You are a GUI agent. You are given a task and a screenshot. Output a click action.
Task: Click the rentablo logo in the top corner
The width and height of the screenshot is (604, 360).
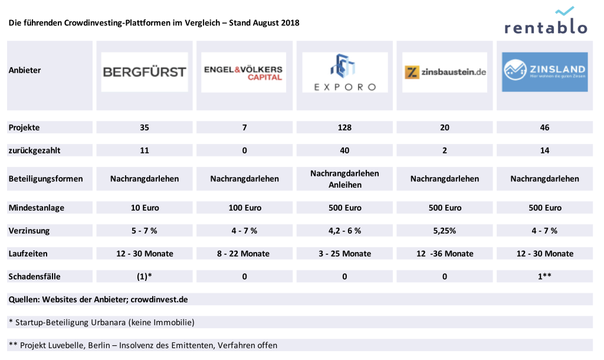tap(546, 22)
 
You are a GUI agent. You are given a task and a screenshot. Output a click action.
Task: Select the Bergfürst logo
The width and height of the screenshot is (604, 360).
tap(145, 72)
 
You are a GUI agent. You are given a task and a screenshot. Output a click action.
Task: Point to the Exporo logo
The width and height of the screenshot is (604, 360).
tap(344, 72)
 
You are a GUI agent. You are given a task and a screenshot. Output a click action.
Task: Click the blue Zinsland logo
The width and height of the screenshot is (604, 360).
tap(544, 72)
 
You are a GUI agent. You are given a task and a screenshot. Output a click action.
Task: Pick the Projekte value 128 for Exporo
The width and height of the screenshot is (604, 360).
tap(344, 127)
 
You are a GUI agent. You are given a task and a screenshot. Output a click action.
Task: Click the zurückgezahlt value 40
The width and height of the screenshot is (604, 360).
tap(344, 150)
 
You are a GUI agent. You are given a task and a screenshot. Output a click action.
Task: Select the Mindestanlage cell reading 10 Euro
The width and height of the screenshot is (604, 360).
tap(145, 208)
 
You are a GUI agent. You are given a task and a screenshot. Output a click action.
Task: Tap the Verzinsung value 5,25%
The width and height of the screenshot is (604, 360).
tap(445, 231)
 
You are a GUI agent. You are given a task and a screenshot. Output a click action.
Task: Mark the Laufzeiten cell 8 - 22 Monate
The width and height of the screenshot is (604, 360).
tap(244, 254)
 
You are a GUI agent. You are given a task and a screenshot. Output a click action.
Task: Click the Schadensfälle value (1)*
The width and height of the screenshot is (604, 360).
tap(145, 276)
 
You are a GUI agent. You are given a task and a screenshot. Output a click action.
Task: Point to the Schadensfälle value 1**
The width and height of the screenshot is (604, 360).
tap(544, 276)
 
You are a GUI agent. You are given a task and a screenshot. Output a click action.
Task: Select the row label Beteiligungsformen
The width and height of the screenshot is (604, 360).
tap(46, 179)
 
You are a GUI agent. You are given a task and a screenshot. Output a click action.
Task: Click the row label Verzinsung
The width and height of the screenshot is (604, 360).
tap(29, 231)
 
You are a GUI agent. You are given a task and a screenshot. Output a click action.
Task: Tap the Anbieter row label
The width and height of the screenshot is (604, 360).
tap(25, 70)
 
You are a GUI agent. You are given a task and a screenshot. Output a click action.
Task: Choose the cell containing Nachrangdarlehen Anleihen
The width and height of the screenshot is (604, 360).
tap(344, 178)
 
